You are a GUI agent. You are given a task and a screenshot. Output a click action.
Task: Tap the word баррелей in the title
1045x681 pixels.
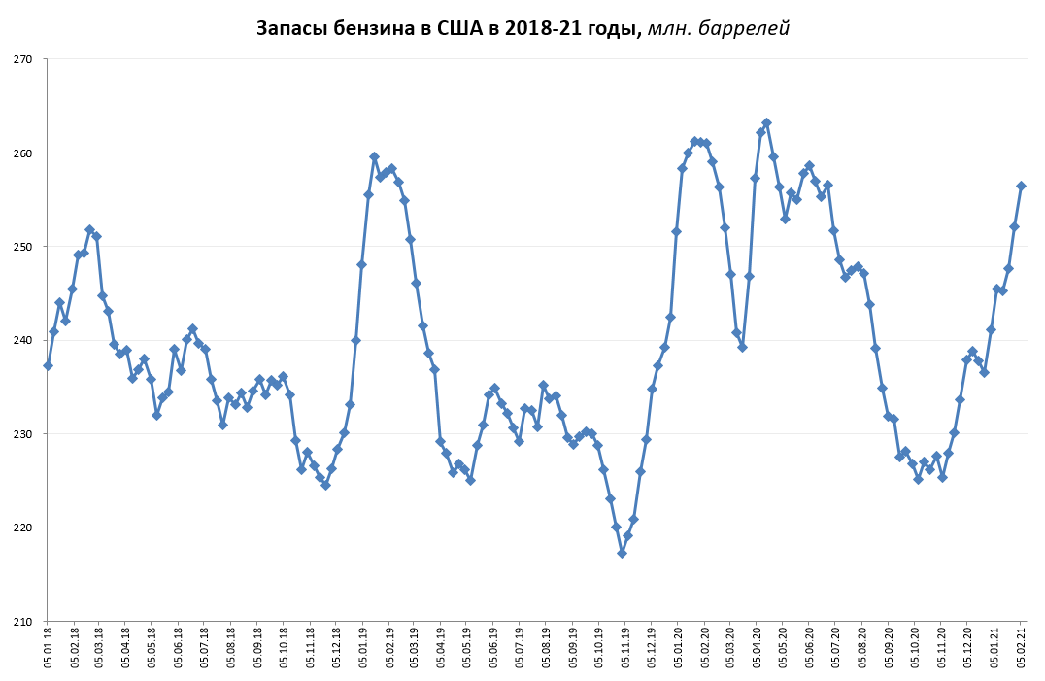click(x=744, y=28)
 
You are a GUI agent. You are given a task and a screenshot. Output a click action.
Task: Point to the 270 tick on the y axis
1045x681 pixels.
click(x=23, y=59)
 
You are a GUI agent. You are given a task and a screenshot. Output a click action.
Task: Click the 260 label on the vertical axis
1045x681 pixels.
click(x=23, y=153)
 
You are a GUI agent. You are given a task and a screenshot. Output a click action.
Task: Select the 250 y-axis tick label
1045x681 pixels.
click(x=23, y=247)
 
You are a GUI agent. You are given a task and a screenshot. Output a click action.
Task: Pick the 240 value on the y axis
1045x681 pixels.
click(x=23, y=340)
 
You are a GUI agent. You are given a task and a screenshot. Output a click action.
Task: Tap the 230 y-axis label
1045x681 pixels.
click(x=23, y=434)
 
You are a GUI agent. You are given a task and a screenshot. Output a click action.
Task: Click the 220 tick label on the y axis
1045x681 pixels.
click(x=23, y=528)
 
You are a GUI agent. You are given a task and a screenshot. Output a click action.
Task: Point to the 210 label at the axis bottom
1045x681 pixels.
click(x=23, y=621)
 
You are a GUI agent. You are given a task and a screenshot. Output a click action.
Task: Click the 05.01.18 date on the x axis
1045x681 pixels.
click(x=48, y=648)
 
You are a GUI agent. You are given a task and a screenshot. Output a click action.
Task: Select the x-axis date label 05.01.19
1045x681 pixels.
click(x=362, y=648)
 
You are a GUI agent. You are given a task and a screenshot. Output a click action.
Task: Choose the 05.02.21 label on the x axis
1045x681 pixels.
click(x=1021, y=648)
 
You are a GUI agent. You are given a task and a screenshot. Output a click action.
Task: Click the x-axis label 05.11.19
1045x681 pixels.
click(x=625, y=648)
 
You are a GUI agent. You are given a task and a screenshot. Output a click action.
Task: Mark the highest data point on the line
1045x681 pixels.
click(x=766, y=122)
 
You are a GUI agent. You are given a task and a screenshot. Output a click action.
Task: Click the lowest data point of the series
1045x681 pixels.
click(x=622, y=553)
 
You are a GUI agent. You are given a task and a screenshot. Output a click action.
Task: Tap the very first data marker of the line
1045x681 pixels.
click(x=48, y=365)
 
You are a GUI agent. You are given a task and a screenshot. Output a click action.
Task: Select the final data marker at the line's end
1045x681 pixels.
click(x=1021, y=186)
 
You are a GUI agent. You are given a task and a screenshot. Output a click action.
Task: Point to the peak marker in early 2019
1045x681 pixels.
click(x=374, y=156)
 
